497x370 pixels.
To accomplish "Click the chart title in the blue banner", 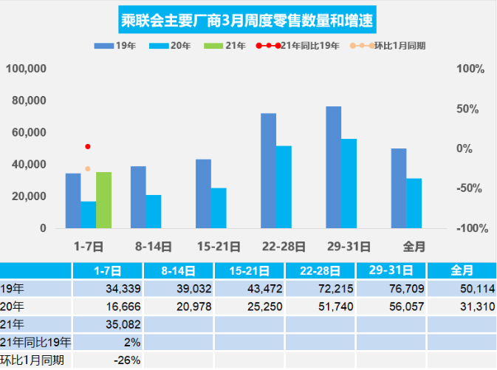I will (248, 20).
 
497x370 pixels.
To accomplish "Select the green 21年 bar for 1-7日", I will (103, 200).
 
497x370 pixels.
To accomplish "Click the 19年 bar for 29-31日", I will (334, 167).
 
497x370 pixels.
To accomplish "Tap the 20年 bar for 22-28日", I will (284, 187).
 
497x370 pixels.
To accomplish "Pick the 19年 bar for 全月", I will (399, 188).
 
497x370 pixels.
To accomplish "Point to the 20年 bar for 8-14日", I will (154, 211).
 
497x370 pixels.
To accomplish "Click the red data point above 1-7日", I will (88, 147).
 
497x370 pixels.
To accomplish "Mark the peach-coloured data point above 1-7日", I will (88, 169).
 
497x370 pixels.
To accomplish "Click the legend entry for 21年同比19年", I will (298, 46).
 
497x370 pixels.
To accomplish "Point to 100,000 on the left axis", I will (27, 69).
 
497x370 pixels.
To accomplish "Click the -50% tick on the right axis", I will (470, 188).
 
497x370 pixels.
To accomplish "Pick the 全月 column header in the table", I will (462, 270).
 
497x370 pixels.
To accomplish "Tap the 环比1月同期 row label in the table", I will (32, 360).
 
